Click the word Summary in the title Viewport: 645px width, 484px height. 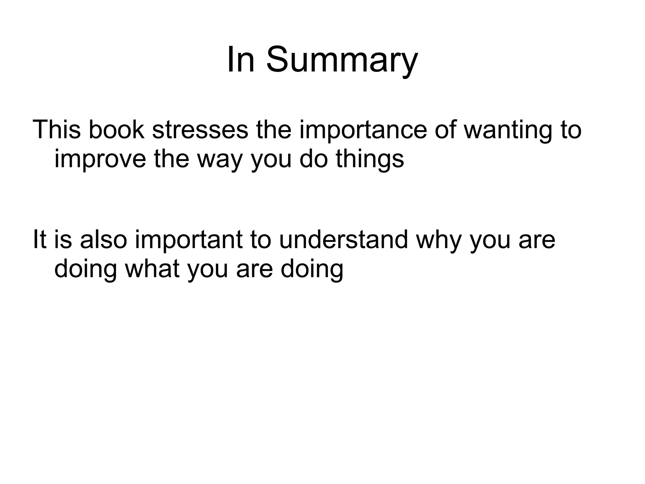(x=342, y=60)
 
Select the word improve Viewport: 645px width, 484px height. (x=100, y=159)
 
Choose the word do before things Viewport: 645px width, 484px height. (x=313, y=159)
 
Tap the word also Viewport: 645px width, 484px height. (x=104, y=239)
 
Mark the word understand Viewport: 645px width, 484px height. (x=343, y=239)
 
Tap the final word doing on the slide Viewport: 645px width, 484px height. (x=312, y=270)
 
